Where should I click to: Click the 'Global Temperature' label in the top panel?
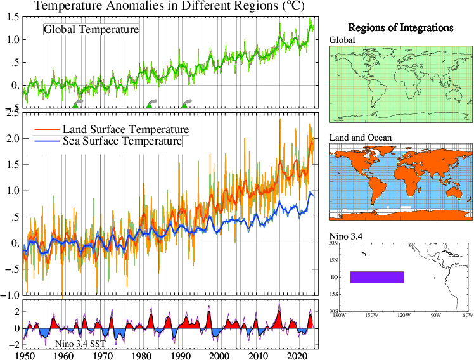pyautogui.click(x=91, y=29)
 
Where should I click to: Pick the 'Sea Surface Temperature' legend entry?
pyautogui.click(x=122, y=141)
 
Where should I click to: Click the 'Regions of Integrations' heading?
pyautogui.click(x=400, y=29)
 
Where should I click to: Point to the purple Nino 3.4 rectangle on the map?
pyautogui.click(x=376, y=277)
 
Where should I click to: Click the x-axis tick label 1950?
pyautogui.click(x=24, y=356)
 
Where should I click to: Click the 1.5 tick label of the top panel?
pyautogui.click(x=12, y=16)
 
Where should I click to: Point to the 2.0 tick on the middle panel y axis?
pyautogui.click(x=12, y=139)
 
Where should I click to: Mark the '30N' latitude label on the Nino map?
pyautogui.click(x=333, y=243)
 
